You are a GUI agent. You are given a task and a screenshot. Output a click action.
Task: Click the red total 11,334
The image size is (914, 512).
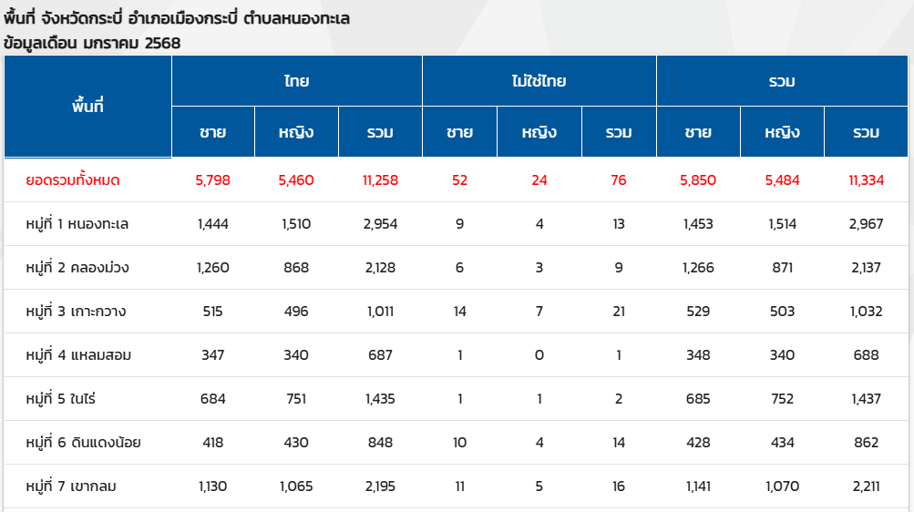(866, 180)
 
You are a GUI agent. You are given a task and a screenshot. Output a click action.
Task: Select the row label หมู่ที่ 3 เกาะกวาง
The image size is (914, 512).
(76, 312)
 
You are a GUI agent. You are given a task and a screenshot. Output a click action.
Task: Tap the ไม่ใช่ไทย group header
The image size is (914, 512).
(539, 81)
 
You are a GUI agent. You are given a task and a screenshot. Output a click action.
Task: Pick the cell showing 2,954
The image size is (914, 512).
(380, 224)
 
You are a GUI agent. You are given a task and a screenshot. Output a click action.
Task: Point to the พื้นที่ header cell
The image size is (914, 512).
(87, 106)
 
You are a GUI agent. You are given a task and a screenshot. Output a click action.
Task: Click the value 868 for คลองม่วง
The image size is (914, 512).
(296, 268)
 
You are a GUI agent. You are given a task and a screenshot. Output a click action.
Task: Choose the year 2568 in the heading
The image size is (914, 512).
(162, 43)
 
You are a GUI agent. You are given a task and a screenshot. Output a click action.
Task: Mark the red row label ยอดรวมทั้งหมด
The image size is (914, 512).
(73, 180)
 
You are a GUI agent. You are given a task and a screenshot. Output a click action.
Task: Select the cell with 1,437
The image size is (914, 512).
(866, 399)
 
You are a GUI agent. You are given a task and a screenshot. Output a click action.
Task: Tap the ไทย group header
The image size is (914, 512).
(296, 81)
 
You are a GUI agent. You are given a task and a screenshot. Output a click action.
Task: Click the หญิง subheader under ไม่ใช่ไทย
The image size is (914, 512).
(539, 132)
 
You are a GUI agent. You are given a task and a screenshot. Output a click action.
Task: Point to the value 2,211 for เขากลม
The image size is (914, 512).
(866, 486)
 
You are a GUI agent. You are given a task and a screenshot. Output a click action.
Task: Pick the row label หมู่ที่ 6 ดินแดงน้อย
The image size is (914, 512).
(83, 443)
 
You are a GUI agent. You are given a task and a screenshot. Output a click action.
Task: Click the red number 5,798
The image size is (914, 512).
(213, 180)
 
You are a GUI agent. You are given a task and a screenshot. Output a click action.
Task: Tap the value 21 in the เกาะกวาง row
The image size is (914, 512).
(619, 312)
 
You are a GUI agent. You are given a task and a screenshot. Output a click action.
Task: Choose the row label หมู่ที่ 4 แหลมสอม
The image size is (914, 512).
(78, 355)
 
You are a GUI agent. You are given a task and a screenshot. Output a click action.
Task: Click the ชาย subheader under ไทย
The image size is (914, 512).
(213, 132)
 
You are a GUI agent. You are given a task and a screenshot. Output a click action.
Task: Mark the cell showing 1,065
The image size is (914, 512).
(296, 486)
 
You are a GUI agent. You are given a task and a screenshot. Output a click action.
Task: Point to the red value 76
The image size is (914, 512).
(619, 180)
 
